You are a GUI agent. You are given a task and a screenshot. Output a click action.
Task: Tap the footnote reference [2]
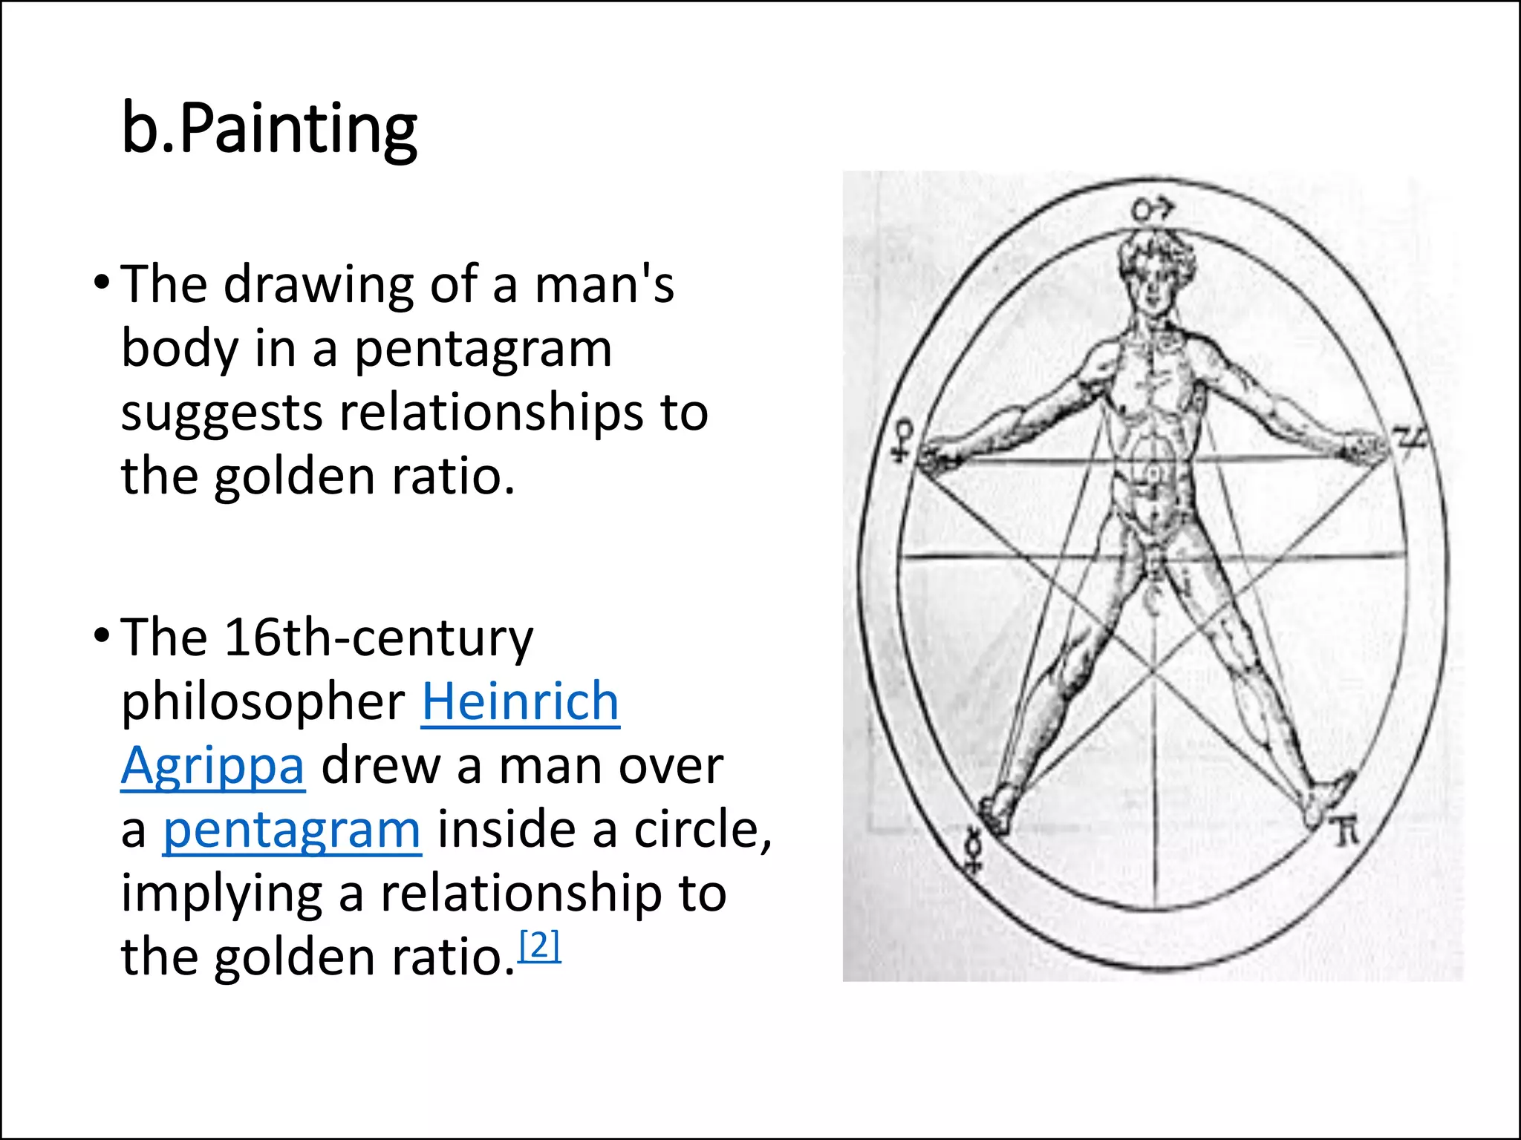click(540, 946)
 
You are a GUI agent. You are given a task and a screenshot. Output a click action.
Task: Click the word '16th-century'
click(379, 638)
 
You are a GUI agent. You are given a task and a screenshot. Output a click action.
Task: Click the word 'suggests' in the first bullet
click(221, 413)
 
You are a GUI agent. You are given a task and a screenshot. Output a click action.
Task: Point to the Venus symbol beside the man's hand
click(904, 441)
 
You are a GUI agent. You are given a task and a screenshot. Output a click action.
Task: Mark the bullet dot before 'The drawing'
click(102, 282)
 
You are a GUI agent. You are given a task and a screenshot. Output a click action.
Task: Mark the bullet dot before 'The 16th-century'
click(102, 636)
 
